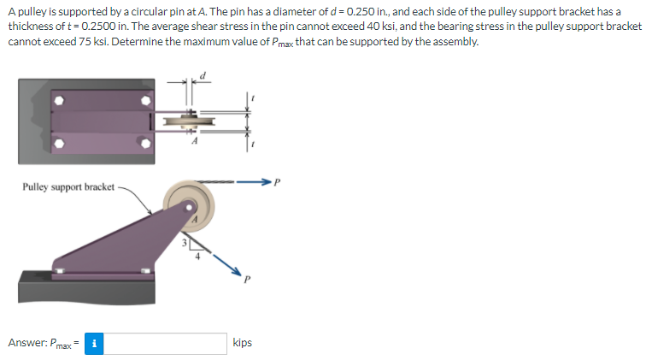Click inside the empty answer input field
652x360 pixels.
coord(166,343)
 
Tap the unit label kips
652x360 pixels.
coord(242,343)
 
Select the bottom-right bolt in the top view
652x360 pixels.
coord(147,146)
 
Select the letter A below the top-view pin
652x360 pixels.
coord(196,141)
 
